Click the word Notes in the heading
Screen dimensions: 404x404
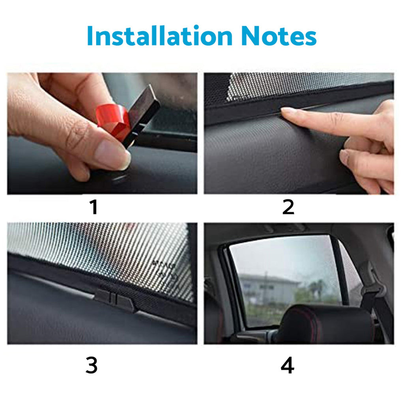279,36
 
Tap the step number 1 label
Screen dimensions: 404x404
94,208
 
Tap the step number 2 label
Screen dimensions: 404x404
288,208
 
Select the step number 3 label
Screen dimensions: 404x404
92,366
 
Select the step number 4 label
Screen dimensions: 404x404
287,366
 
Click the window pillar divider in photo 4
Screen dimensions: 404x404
340,272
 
